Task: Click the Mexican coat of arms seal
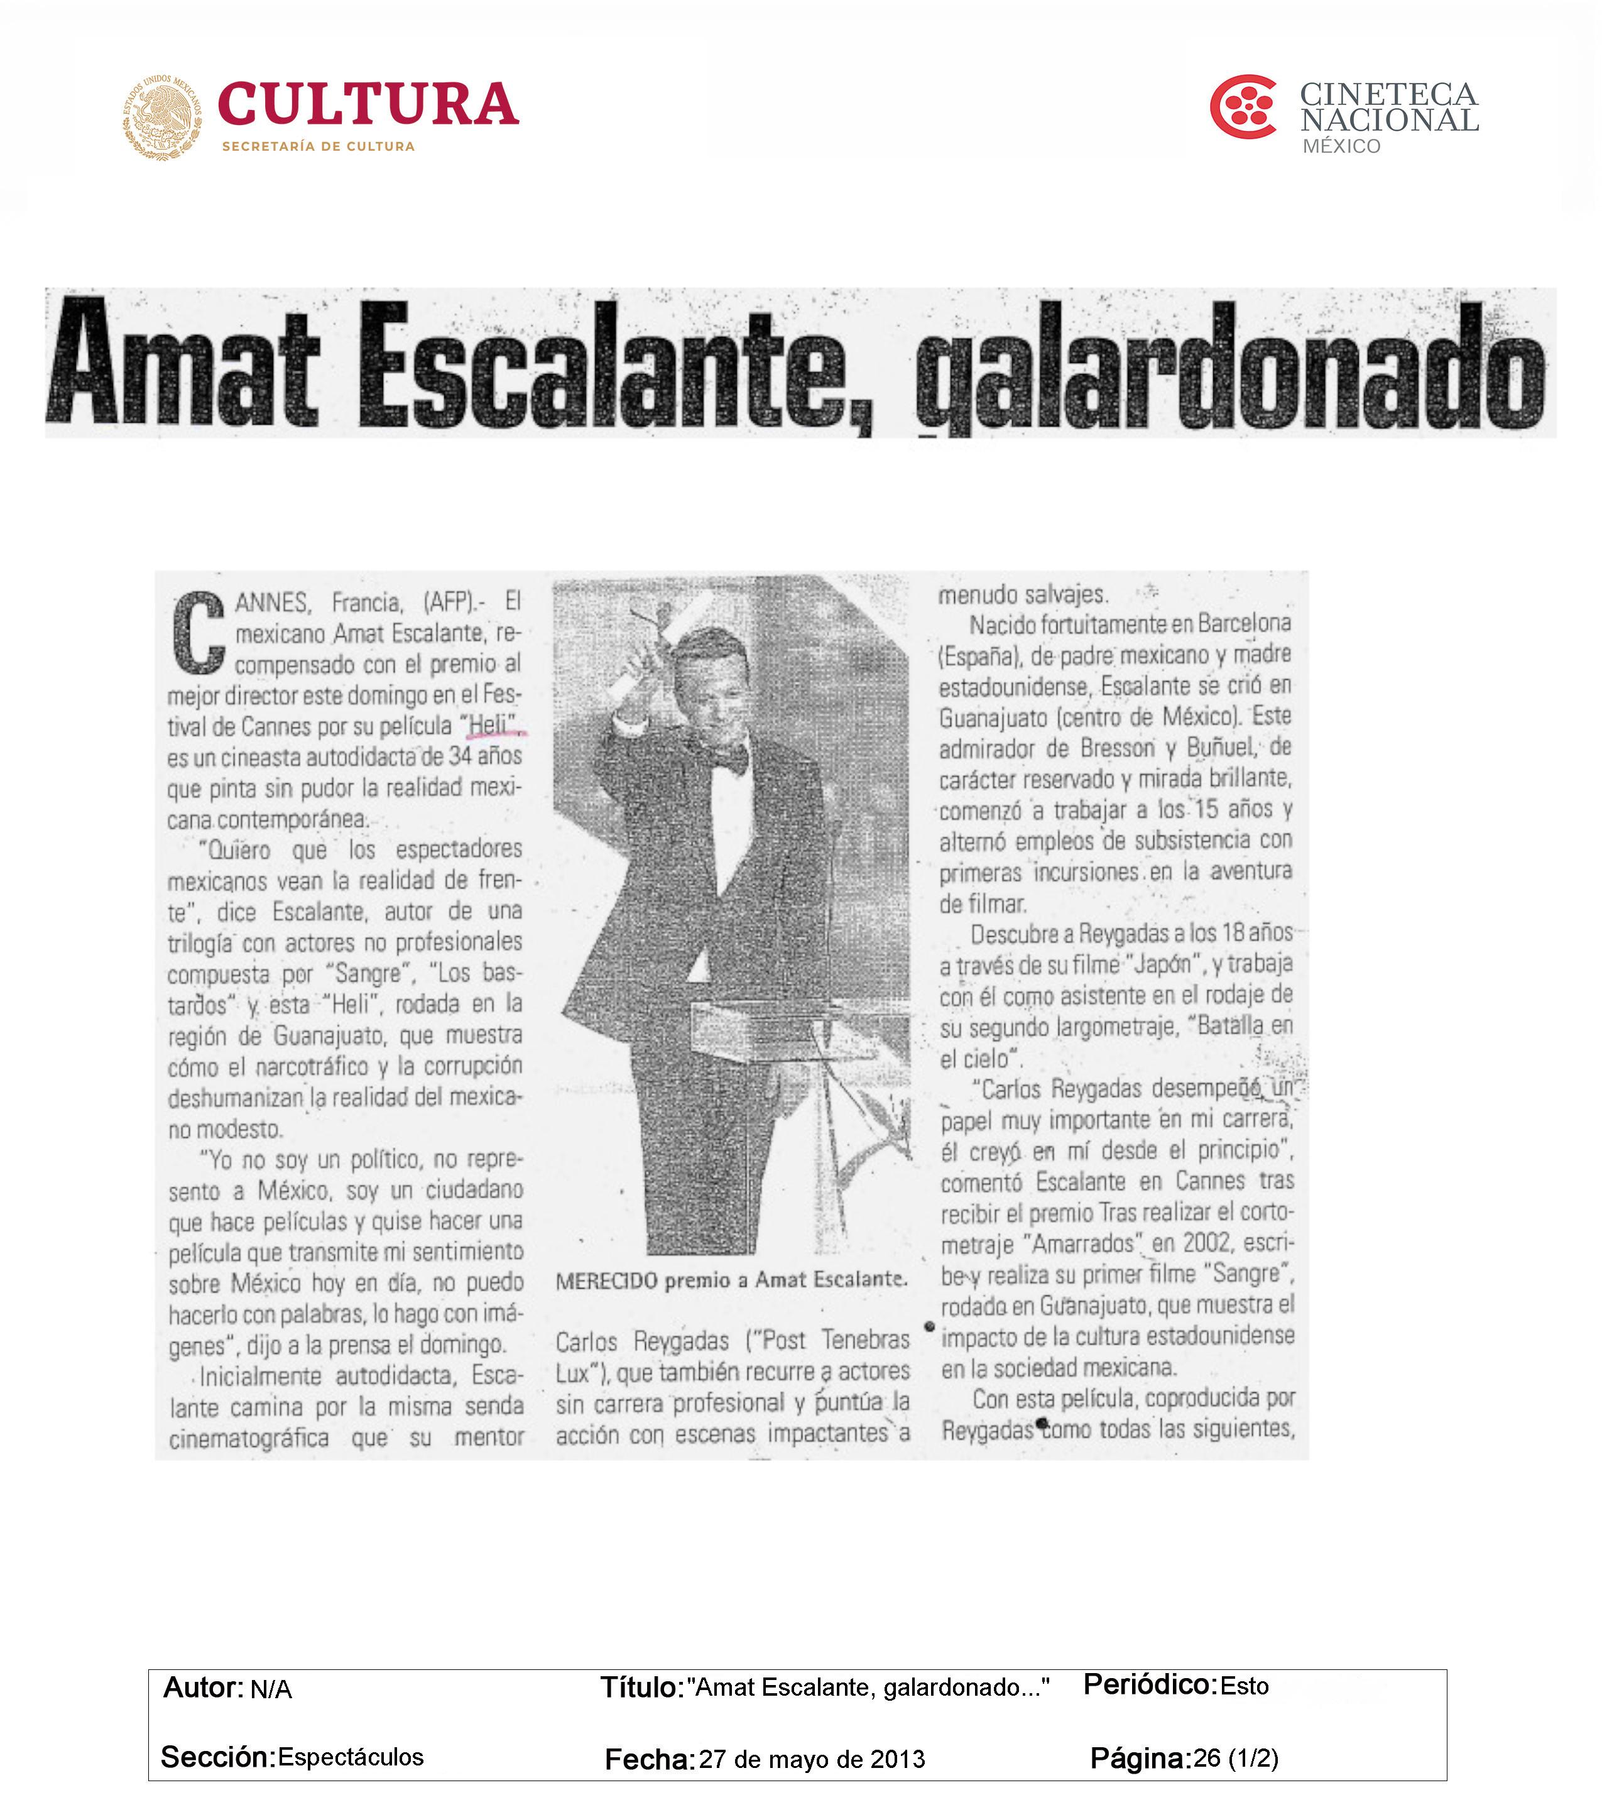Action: click(162, 117)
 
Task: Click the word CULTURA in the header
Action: click(368, 105)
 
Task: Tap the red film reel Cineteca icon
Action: click(1242, 107)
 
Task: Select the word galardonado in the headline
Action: click(1232, 368)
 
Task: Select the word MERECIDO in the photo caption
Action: click(606, 1280)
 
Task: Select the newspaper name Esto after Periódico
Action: click(1245, 1686)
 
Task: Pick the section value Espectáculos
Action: click(351, 1757)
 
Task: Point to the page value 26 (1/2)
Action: click(1236, 1758)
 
